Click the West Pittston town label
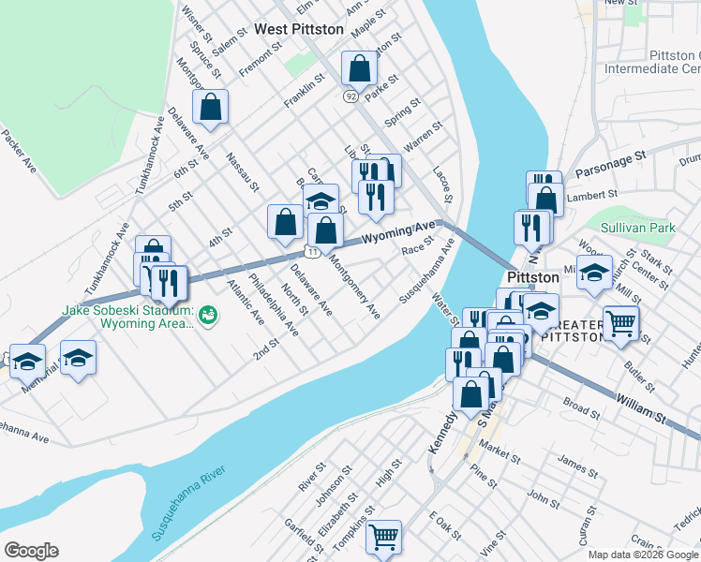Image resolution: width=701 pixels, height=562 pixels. pyautogui.click(x=299, y=30)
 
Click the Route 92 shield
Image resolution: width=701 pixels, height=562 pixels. pyautogui.click(x=350, y=96)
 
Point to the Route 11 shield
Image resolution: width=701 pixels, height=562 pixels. pyautogui.click(x=311, y=253)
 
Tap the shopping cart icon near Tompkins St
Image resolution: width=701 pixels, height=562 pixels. pyautogui.click(x=383, y=537)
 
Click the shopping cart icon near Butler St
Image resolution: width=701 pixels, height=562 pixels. pyautogui.click(x=620, y=322)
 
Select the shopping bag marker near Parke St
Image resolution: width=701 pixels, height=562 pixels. pyautogui.click(x=359, y=68)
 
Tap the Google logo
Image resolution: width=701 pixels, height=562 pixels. pyautogui.click(x=31, y=551)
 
